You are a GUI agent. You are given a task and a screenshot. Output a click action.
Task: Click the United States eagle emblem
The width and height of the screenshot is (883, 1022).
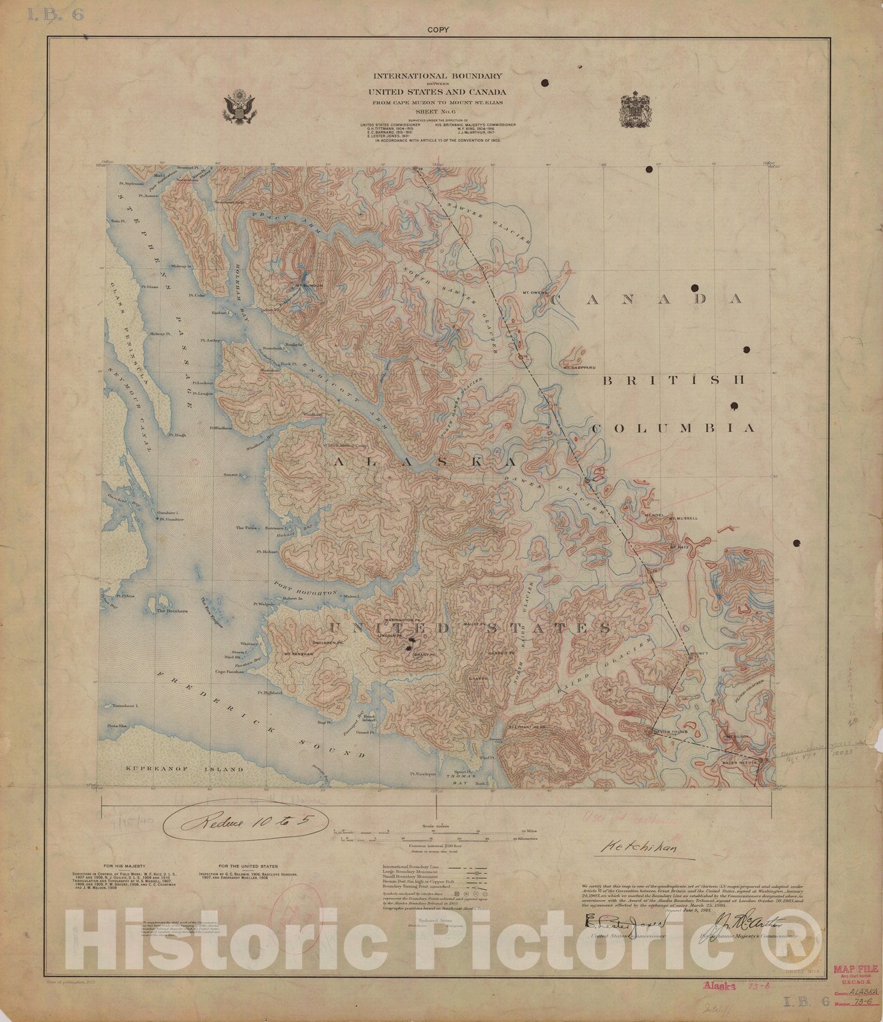click(x=240, y=108)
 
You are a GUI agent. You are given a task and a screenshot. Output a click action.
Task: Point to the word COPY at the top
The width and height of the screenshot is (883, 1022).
click(x=440, y=29)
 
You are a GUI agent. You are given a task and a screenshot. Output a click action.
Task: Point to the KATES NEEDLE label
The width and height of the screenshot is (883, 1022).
click(x=739, y=762)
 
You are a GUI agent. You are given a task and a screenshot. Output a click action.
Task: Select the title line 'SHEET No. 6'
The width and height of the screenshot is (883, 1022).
click(x=440, y=110)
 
